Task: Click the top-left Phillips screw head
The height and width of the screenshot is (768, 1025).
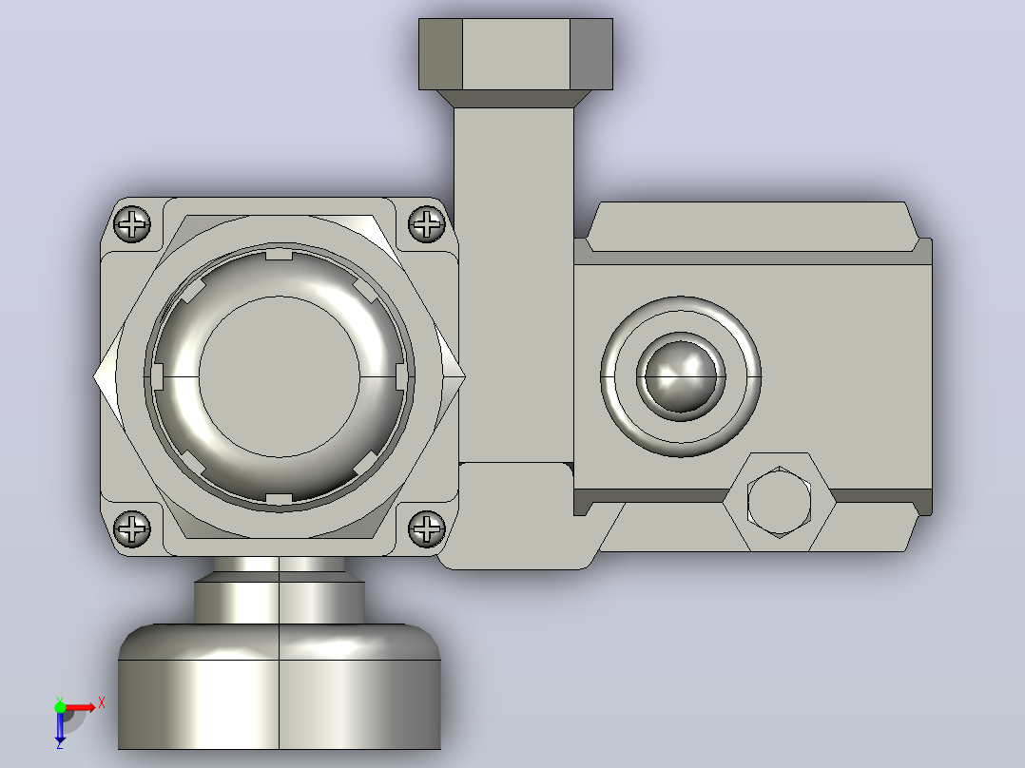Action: [x=132, y=224]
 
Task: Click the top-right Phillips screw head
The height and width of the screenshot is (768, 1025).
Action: [x=427, y=224]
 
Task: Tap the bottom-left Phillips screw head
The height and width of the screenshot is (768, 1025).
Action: [x=132, y=528]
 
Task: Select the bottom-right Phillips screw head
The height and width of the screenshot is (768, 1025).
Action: [x=427, y=528]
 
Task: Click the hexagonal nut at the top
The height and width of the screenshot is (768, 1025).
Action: [x=515, y=54]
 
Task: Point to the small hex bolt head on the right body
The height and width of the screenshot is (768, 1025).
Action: [x=780, y=502]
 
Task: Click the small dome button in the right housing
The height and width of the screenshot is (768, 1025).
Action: [x=681, y=377]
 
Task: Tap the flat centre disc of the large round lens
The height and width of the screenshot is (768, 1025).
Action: [x=280, y=377]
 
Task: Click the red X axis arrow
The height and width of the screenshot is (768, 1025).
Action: [x=79, y=708]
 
